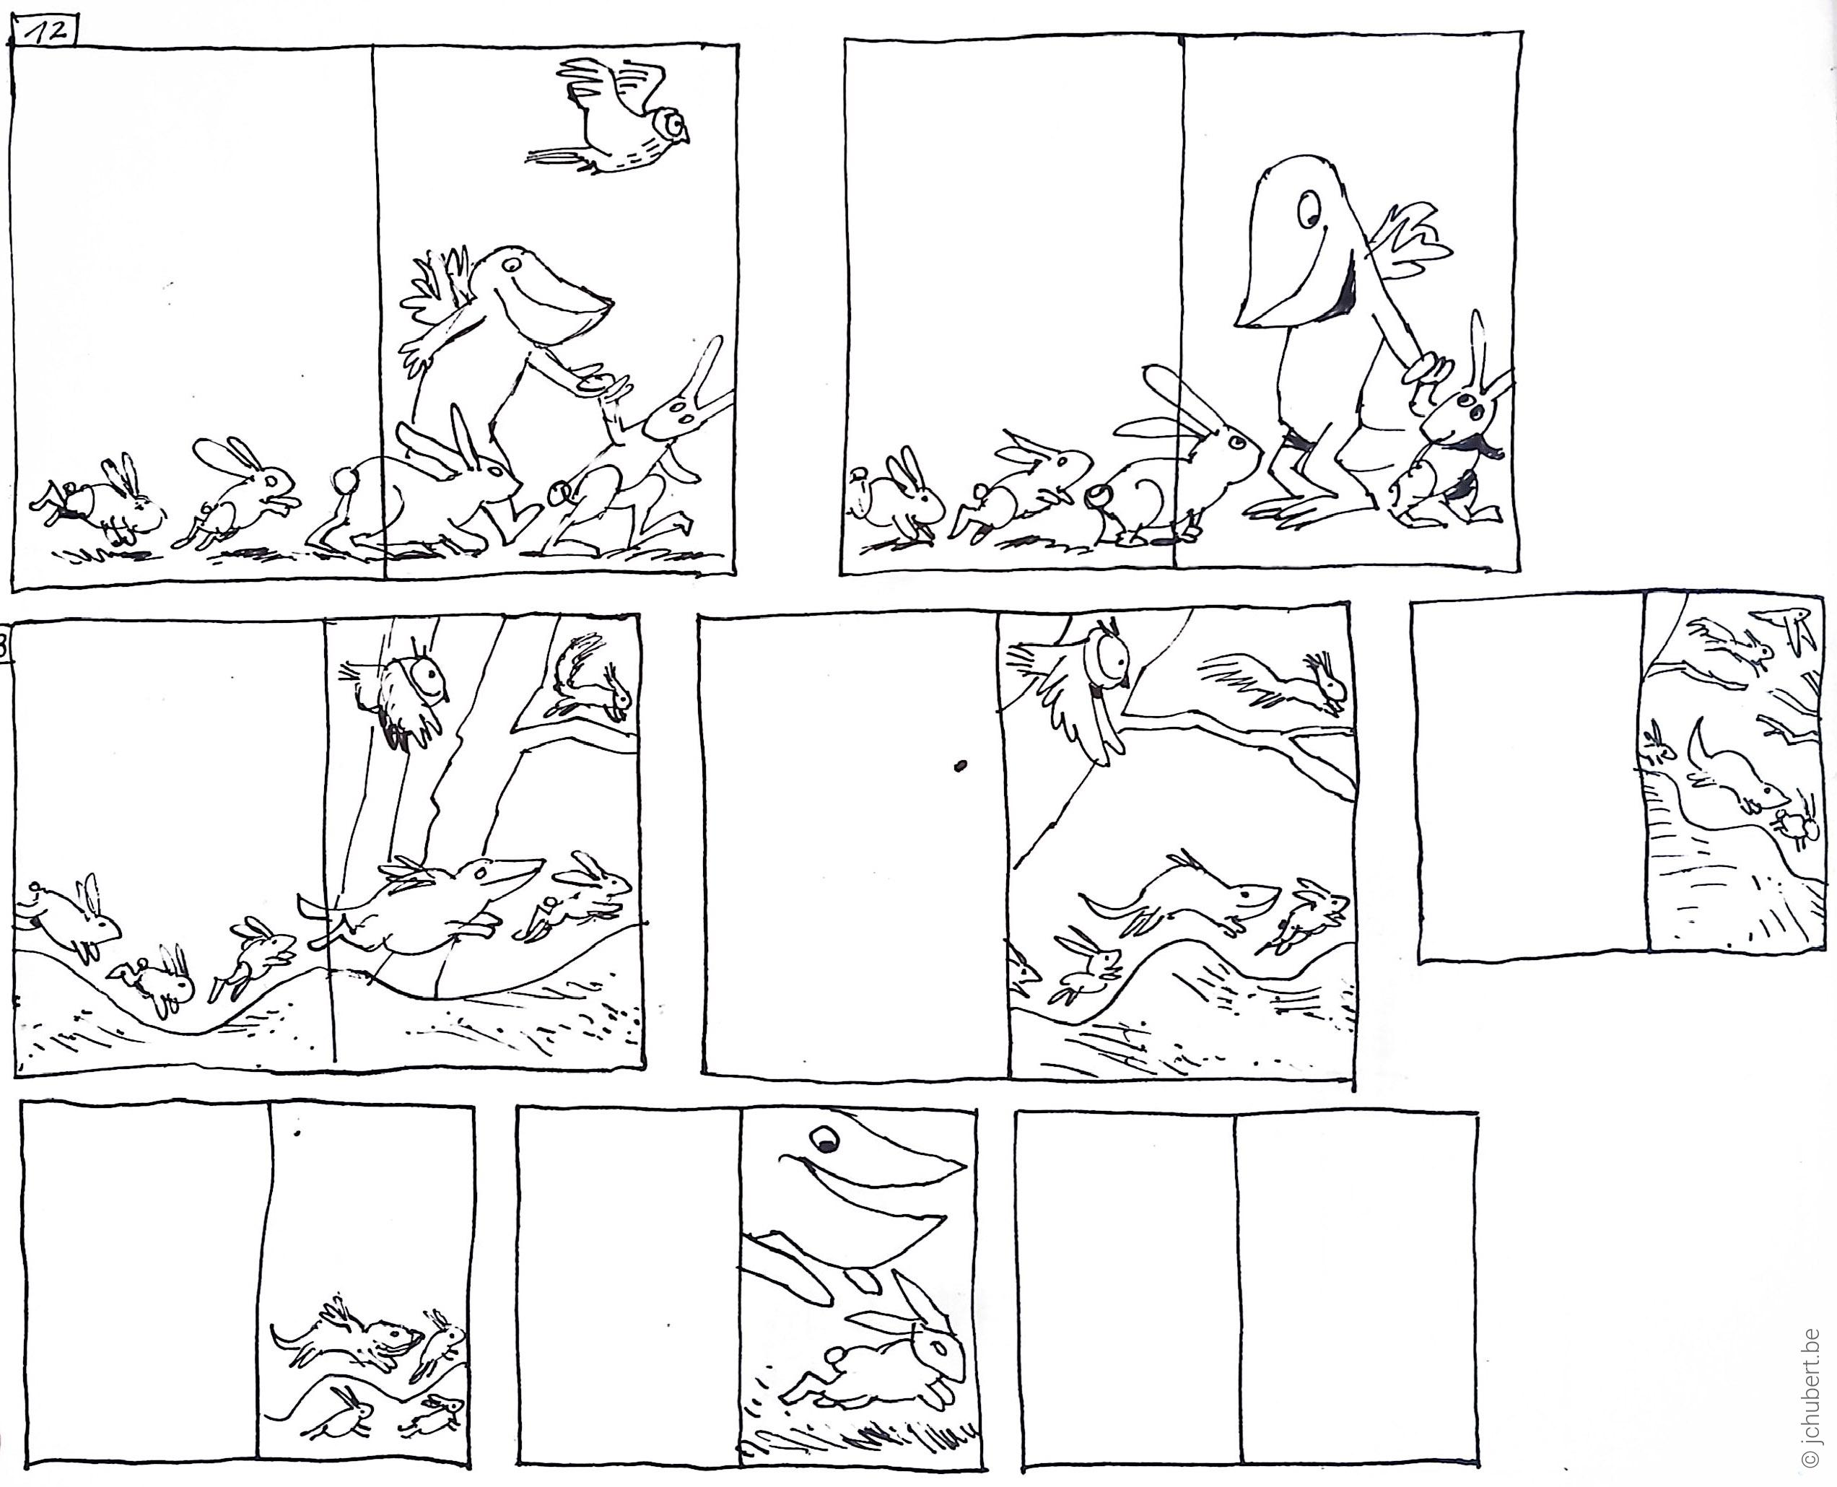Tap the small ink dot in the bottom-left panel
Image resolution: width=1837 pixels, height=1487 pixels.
(x=297, y=1134)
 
